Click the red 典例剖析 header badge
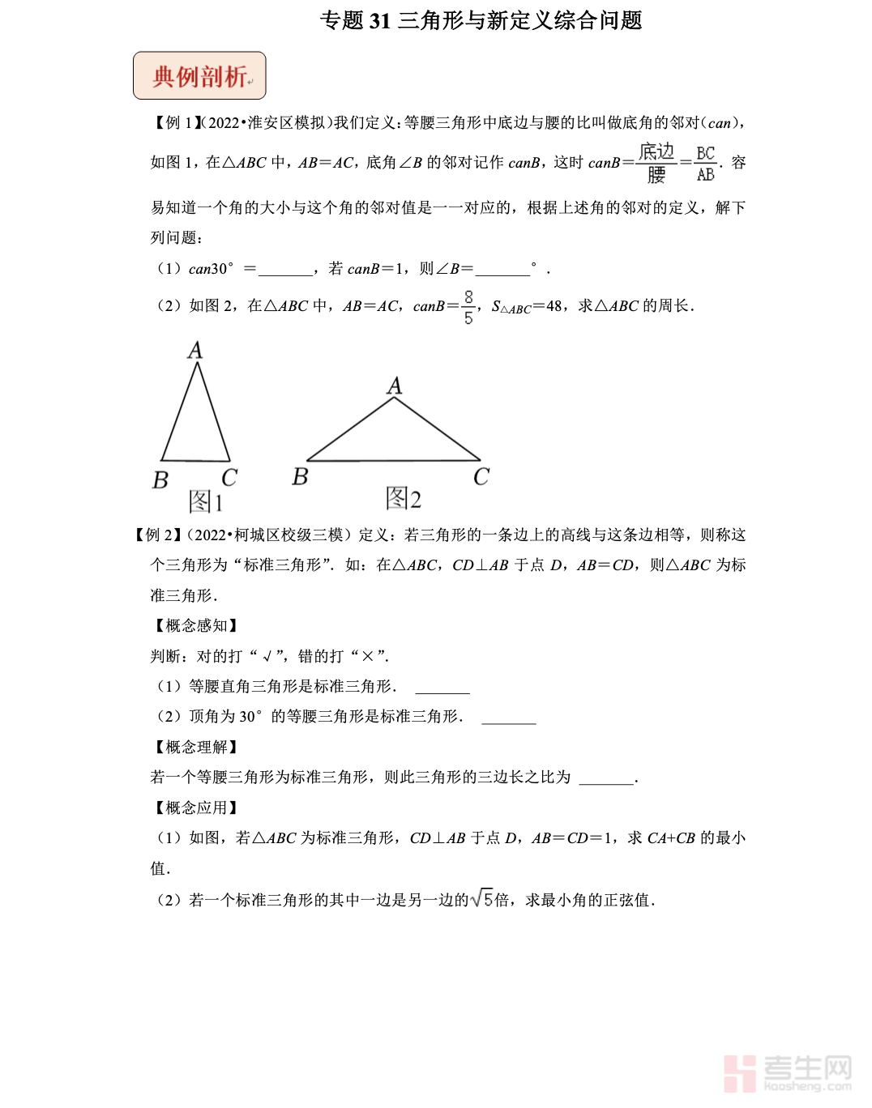point(199,76)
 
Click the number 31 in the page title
point(380,21)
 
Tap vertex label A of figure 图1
point(195,350)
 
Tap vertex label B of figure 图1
point(160,480)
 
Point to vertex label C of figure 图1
point(229,478)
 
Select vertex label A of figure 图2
point(395,386)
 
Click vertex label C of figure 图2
point(481,477)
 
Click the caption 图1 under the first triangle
point(205,501)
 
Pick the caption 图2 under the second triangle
point(404,498)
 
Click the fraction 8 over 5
point(468,308)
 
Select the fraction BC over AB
point(706,164)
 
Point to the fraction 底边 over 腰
point(656,164)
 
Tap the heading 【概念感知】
point(196,626)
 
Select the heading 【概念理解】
point(196,748)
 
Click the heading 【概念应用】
point(196,808)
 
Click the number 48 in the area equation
point(554,306)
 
